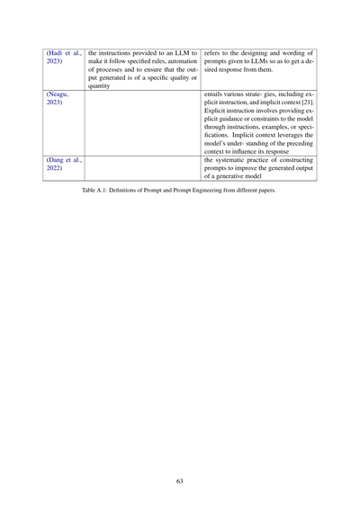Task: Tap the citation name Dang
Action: [55, 159]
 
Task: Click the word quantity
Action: [100, 85]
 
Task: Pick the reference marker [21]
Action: [306, 102]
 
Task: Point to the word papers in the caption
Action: [265, 192]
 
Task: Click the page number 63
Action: [180, 481]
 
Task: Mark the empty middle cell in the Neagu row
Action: [144, 122]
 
